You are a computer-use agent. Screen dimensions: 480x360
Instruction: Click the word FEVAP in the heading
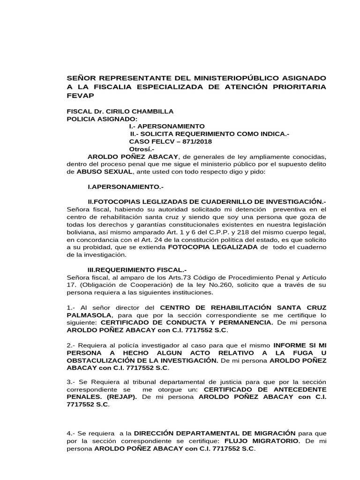pos(81,96)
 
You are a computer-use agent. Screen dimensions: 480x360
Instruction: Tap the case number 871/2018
pos(185,142)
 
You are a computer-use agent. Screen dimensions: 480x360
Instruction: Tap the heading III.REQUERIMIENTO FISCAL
pos(137,270)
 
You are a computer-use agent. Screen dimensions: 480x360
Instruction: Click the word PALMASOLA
pos(89,315)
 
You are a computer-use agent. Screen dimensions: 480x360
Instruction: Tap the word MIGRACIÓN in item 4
pos(271,433)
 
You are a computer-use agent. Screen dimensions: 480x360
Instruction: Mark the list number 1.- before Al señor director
pos(71,307)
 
